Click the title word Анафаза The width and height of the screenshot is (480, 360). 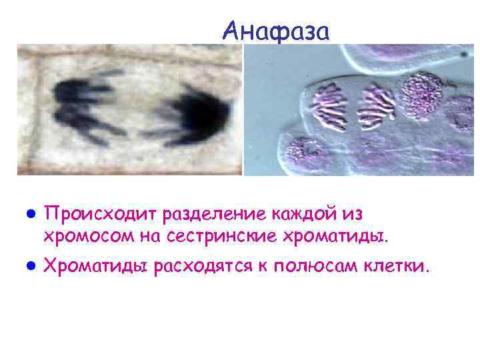(276, 30)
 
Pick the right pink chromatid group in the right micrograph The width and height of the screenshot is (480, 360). (375, 105)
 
